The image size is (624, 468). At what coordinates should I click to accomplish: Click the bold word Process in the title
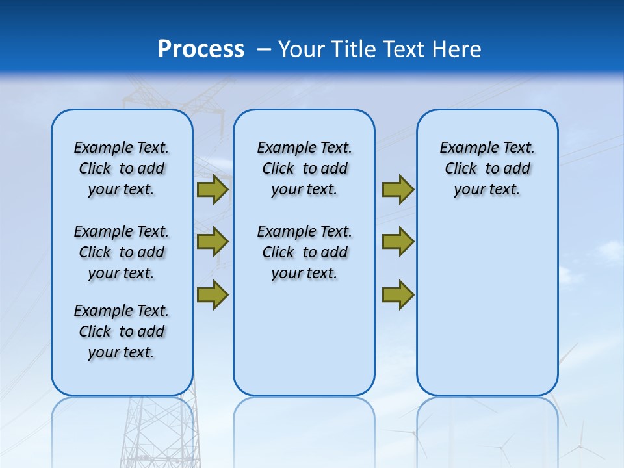(x=201, y=49)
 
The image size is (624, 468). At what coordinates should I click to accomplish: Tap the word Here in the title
(x=457, y=49)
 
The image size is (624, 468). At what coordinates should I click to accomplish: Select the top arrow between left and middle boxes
(x=212, y=190)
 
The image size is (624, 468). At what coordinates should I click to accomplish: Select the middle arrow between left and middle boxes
(x=212, y=242)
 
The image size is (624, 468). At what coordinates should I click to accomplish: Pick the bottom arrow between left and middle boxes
(x=212, y=294)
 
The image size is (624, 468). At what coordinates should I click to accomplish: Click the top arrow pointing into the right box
(x=398, y=190)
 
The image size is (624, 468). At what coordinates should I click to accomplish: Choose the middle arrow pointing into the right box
(x=398, y=242)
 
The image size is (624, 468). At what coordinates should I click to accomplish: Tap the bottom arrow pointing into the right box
(x=398, y=294)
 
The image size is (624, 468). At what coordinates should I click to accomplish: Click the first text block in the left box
(x=122, y=168)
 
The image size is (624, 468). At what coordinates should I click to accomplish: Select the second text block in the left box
(x=122, y=252)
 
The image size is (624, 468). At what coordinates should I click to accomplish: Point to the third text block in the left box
(x=122, y=331)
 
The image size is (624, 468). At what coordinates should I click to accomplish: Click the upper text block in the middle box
(x=304, y=168)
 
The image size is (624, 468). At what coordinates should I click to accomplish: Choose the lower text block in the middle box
(x=304, y=252)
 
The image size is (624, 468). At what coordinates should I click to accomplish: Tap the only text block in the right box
(x=487, y=168)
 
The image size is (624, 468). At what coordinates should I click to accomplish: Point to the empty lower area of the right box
(x=487, y=305)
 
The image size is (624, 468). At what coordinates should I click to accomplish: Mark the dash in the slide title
(x=264, y=49)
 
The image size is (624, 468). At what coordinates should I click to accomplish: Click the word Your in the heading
(x=302, y=49)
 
